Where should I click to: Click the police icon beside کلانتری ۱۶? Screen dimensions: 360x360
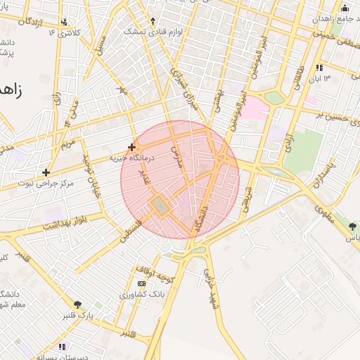pyautogui.click(x=65, y=22)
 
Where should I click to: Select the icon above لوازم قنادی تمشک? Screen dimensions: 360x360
pyautogui.click(x=153, y=21)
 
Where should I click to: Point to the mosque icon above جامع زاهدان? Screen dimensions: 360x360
pyautogui.click(x=344, y=9)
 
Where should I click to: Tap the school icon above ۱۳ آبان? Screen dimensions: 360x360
pyautogui.click(x=320, y=67)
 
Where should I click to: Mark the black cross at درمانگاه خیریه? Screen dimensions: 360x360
pyautogui.click(x=131, y=147)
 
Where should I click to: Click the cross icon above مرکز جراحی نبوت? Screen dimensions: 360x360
pyautogui.click(x=46, y=172)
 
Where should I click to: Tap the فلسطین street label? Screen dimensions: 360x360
pyautogui.click(x=131, y=231)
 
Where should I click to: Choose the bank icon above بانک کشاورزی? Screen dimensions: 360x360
pyautogui.click(x=143, y=283)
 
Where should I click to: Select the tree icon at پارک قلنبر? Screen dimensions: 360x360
pyautogui.click(x=77, y=304)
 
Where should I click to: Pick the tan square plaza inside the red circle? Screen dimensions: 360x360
pyautogui.click(x=160, y=206)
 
